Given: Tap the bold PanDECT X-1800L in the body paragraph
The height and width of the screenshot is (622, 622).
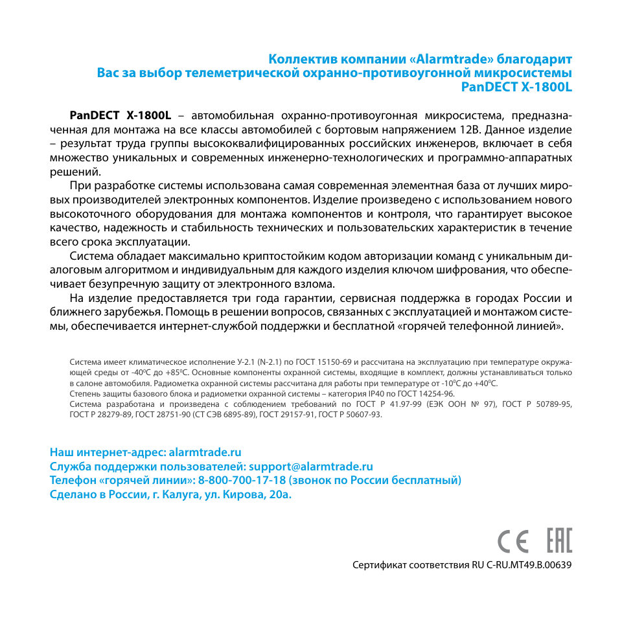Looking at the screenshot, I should (x=120, y=115).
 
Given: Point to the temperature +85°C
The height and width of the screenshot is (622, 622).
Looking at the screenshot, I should (x=175, y=373).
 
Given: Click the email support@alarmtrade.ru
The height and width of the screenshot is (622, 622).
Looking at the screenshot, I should (x=310, y=466).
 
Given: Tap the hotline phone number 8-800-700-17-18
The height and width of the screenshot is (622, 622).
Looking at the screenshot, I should (x=242, y=481).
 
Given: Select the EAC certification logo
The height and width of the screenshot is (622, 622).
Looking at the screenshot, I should (x=559, y=540).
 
